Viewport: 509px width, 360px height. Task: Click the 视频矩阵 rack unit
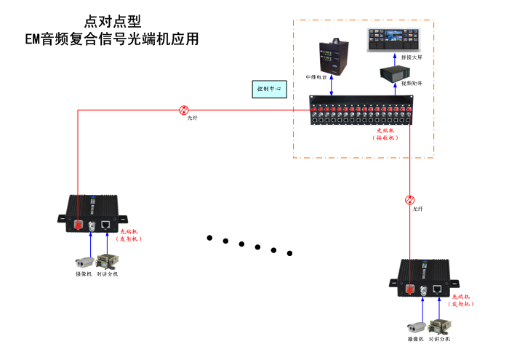tap(401, 72)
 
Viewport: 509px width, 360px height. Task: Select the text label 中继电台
tap(316, 76)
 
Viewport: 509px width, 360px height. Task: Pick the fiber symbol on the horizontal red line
tap(183, 110)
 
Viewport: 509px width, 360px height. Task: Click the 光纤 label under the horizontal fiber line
tap(192, 119)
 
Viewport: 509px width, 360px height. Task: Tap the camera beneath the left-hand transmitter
tap(83, 260)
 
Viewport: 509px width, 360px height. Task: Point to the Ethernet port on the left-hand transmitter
tap(106, 225)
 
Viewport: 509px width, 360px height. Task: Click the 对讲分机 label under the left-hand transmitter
tap(107, 274)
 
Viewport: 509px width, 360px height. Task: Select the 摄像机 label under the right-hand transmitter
tap(415, 339)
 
